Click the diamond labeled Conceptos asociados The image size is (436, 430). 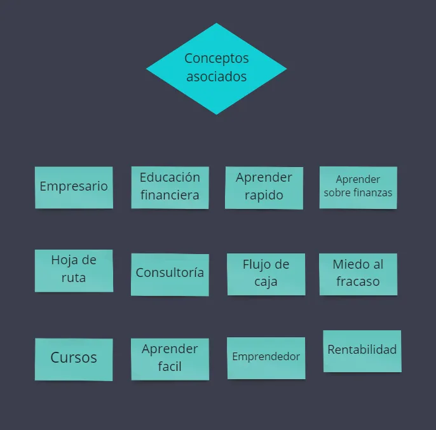tap(216, 69)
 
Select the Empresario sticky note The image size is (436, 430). tap(74, 187)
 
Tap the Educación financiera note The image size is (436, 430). tap(170, 187)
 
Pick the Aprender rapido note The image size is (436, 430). tap(264, 188)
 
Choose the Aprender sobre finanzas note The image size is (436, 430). tap(358, 187)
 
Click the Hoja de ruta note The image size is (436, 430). tap(74, 271)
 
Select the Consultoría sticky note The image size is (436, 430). tap(170, 274)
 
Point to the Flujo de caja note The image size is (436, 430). tap(266, 274)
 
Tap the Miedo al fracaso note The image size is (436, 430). tap(358, 274)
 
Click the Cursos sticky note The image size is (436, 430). tap(74, 359)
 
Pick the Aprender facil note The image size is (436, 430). tap(170, 359)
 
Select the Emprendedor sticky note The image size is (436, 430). tap(266, 358)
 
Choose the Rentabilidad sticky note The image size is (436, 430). tap(362, 351)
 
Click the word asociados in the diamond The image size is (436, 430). tap(216, 76)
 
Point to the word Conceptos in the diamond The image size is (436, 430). tap(216, 59)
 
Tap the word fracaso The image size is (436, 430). tap(358, 281)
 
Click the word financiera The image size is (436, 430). tap(170, 194)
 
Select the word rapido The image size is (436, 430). tap(264, 196)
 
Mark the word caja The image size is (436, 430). tap(266, 282)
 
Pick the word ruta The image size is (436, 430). tap(74, 278)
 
